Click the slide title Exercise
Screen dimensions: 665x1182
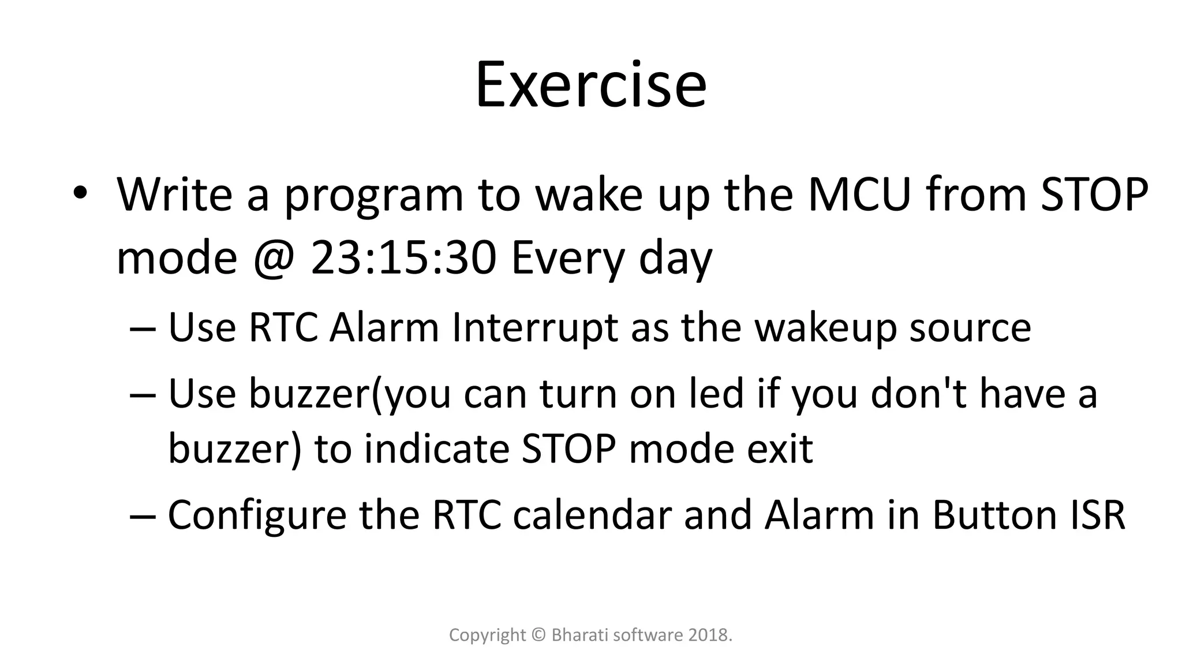click(x=590, y=85)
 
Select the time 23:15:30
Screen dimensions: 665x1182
click(x=403, y=257)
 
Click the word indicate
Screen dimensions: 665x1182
click(x=436, y=449)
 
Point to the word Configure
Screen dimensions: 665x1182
click(x=257, y=515)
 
